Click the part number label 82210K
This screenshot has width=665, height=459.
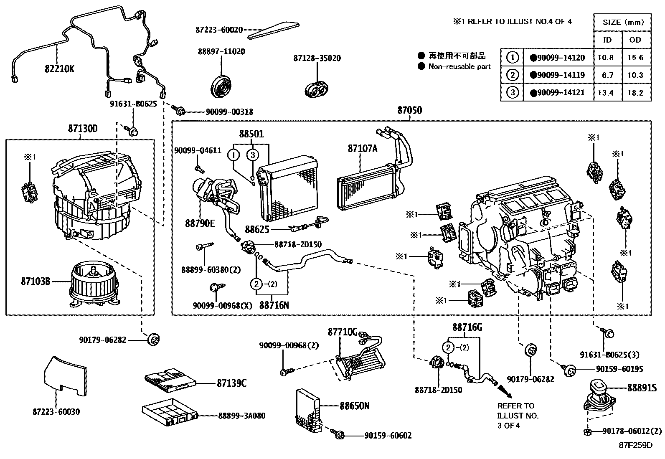(59, 68)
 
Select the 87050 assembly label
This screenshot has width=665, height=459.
(409, 110)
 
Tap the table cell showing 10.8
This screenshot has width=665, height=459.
(606, 58)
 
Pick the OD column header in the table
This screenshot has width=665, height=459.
(635, 40)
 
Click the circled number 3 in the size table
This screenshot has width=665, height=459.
(513, 92)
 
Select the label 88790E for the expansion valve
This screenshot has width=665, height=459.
(200, 223)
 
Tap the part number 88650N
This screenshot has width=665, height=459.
(354, 406)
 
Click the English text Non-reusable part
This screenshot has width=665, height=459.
(459, 66)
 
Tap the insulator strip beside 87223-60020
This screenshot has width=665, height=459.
(274, 30)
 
